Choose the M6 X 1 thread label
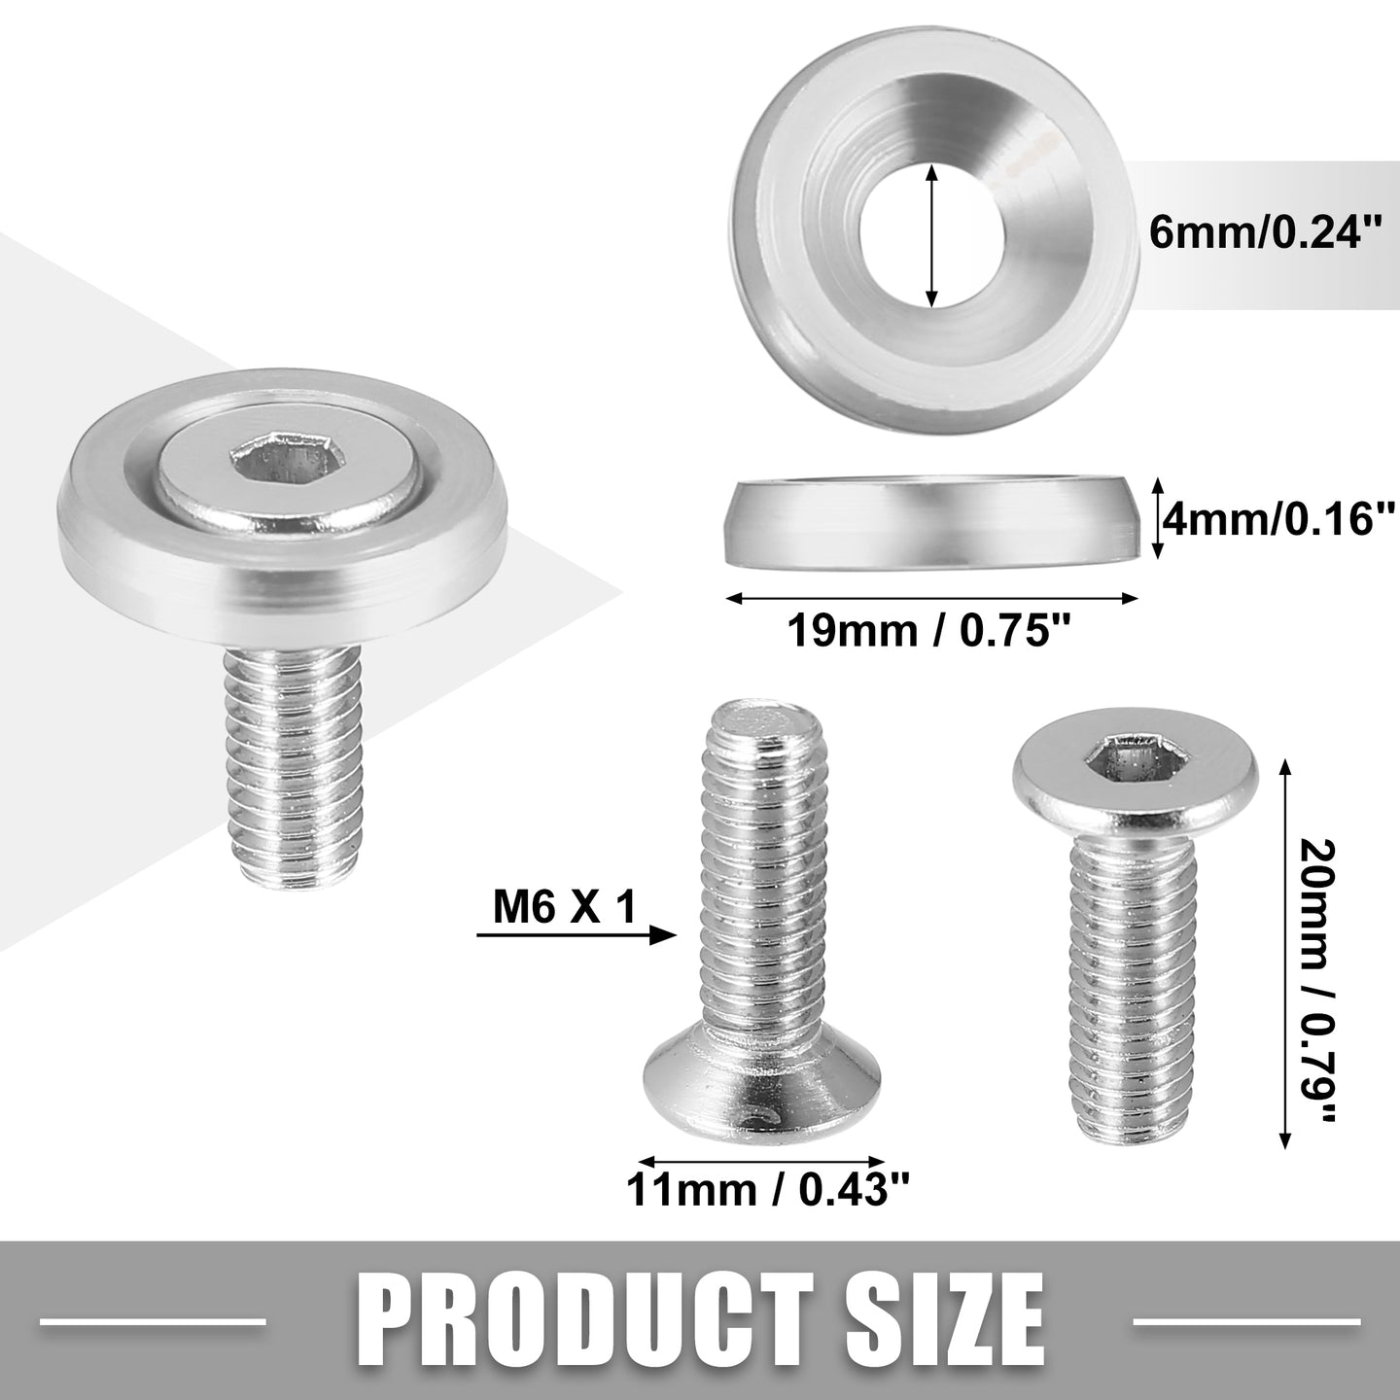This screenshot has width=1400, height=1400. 565,906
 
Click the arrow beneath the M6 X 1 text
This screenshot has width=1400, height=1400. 577,935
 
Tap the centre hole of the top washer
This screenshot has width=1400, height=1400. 933,234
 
